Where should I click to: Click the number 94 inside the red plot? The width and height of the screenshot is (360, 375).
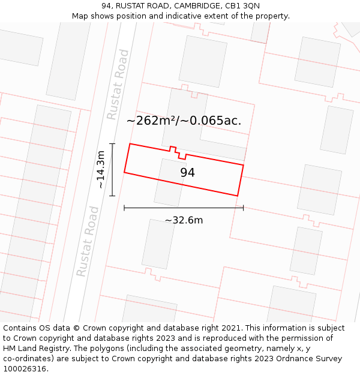point(187,173)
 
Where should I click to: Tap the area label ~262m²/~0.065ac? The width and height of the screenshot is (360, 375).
point(184,121)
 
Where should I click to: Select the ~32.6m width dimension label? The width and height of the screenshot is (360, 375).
point(184,220)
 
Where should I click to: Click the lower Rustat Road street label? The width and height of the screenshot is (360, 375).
point(87,241)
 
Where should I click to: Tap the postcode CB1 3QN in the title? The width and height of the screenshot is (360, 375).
point(243,6)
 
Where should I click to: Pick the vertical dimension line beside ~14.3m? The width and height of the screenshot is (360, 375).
point(112,170)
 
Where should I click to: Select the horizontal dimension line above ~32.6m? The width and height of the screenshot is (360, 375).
point(184,208)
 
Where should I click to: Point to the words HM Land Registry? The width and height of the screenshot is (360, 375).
point(32,349)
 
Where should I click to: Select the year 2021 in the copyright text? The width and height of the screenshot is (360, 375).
point(230,328)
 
